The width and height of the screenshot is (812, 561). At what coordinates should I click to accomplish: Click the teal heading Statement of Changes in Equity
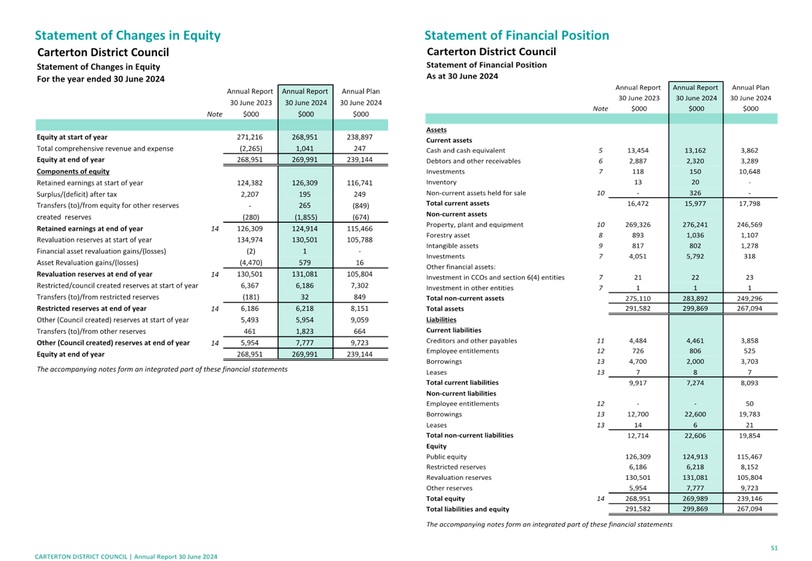pos(127,36)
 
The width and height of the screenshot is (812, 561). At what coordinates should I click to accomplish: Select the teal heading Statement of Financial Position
pos(516,36)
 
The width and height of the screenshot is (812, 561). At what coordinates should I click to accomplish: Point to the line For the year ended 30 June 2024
pos(101,79)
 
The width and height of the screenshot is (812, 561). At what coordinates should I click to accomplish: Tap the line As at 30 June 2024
pos(462,76)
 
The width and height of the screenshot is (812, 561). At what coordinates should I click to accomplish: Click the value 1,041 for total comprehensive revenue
pos(304,149)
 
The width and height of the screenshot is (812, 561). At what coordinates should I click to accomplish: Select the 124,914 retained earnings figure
pos(304,229)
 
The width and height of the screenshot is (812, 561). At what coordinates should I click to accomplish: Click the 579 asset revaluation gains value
pos(304,263)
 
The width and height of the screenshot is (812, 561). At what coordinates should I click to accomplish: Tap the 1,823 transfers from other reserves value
pos(304,332)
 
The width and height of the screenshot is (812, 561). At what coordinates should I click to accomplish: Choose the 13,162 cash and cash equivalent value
pos(695,151)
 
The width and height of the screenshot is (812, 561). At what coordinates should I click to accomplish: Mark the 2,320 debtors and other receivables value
pos(695,161)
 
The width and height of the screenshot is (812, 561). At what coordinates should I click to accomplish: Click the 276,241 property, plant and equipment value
pos(695,225)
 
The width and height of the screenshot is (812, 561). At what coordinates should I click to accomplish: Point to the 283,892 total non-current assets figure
pos(695,299)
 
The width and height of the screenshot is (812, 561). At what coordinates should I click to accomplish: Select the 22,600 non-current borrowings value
pos(695,415)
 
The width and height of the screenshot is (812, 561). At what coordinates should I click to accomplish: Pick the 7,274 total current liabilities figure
pos(695,383)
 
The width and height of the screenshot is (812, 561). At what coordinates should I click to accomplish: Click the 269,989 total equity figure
pos(695,499)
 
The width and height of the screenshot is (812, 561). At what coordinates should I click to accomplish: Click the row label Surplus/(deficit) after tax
pos(77,195)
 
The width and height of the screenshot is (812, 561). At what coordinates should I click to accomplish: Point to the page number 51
pos(774,548)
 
